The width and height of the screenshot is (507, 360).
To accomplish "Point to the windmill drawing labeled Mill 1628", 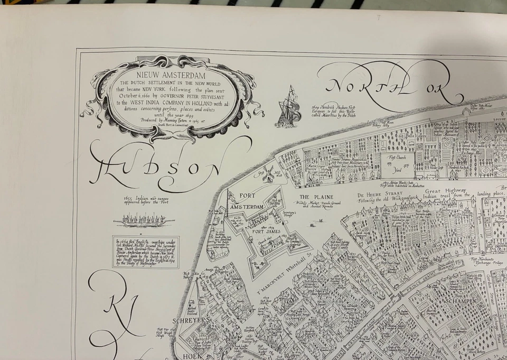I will pos(268,173).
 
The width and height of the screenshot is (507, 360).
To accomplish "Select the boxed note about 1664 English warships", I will pos(146,252).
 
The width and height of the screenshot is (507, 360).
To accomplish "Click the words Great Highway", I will pos(446,190).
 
